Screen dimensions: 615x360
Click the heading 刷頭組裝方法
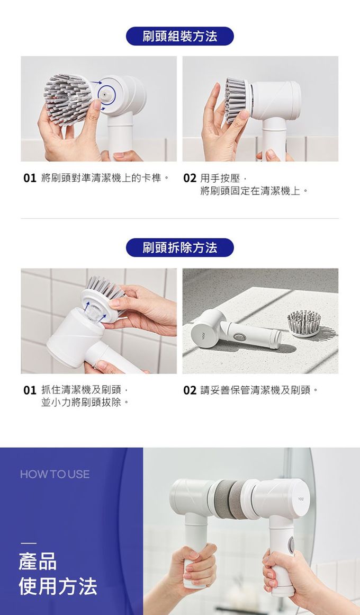(x=179, y=36)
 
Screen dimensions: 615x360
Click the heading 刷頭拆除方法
(x=179, y=247)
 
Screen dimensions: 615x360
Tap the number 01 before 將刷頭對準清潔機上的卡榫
(x=30, y=178)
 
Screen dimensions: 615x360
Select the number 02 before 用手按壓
(x=190, y=178)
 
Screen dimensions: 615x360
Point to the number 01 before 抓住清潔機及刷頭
(x=30, y=390)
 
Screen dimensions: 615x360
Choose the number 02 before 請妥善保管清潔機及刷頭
(x=190, y=390)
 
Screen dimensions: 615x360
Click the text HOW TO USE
(x=55, y=474)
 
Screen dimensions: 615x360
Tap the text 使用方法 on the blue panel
(x=58, y=586)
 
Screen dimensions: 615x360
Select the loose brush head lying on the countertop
(x=304, y=323)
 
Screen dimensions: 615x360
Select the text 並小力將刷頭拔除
(x=85, y=403)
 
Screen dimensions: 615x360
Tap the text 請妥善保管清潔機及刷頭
(x=259, y=390)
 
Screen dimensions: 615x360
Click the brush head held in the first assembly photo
(x=66, y=98)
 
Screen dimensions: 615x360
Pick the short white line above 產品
(x=29, y=543)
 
